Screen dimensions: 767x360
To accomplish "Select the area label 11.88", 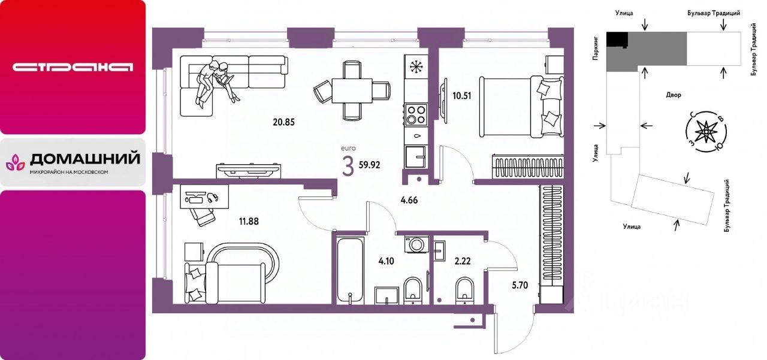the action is coord(249,221).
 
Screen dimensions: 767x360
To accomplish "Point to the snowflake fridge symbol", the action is coord(415,66).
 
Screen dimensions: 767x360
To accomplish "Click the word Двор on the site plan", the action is coord(674,95).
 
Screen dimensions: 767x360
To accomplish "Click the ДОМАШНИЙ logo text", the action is coord(84,159).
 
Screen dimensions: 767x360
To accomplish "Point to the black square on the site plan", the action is coord(617,39).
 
